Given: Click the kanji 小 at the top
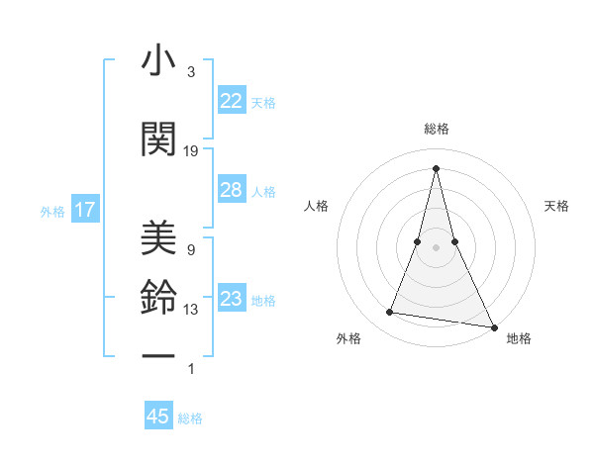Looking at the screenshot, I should click(x=158, y=61).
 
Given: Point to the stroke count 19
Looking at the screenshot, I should click(x=191, y=151).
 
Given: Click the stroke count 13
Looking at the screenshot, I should click(x=191, y=310).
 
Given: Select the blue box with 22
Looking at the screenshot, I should click(x=231, y=101).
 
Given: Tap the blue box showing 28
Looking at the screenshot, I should click(x=231, y=190).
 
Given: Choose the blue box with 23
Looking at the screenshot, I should click(x=231, y=299).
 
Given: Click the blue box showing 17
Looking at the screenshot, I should click(x=84, y=210).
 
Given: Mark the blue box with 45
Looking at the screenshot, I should click(x=158, y=417).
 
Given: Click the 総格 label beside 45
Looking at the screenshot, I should click(x=190, y=418).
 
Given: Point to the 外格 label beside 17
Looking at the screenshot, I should click(x=52, y=211).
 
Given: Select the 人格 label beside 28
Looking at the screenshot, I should click(x=263, y=191).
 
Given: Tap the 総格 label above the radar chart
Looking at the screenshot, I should click(x=437, y=129).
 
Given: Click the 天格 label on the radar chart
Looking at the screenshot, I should click(x=557, y=206).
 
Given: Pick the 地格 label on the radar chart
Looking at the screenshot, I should click(x=519, y=338).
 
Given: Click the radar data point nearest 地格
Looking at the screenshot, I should click(x=493, y=325).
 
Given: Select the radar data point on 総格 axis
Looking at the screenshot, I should click(x=437, y=167).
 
